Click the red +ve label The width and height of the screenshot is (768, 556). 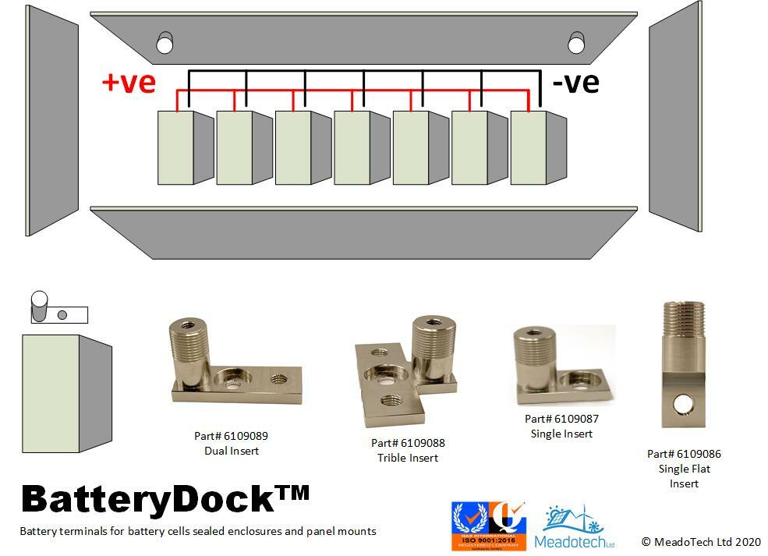pos(129,83)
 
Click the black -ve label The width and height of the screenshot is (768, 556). pos(575,83)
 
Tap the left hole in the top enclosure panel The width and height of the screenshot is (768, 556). pos(165,44)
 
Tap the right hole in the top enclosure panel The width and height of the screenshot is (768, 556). pos(576,44)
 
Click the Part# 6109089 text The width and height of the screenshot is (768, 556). pos(232,436)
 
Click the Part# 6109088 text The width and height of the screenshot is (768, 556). pos(408,443)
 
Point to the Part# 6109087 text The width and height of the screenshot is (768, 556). pos(561,419)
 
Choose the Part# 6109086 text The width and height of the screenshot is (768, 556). pos(684,454)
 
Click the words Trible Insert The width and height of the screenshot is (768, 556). pos(408,458)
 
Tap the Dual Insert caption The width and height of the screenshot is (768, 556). pos(232,451)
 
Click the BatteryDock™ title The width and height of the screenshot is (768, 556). pos(165,499)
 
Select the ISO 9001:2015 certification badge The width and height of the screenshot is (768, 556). pos(489,526)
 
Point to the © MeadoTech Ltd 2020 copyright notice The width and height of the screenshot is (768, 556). pos(701,541)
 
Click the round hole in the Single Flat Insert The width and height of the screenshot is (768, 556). pos(684,402)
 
